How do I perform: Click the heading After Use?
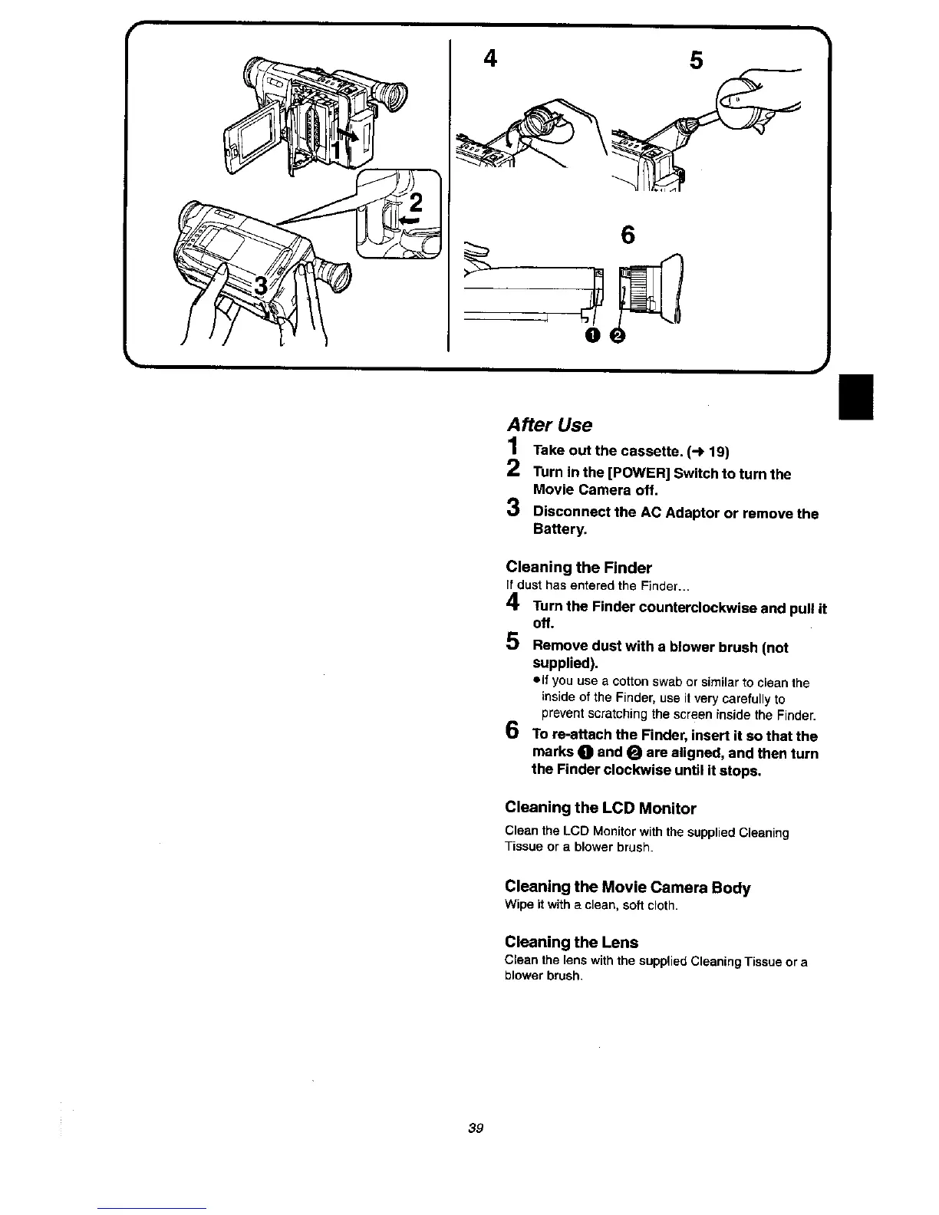point(549,425)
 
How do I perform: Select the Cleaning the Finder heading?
point(578,568)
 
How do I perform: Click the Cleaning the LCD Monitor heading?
point(601,808)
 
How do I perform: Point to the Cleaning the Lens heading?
point(572,941)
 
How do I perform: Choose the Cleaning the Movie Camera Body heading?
point(628,887)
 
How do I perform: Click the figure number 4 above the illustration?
point(489,58)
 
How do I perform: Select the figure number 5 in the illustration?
point(696,60)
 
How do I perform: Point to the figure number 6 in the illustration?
point(628,235)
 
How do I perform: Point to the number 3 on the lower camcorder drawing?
point(262,287)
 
